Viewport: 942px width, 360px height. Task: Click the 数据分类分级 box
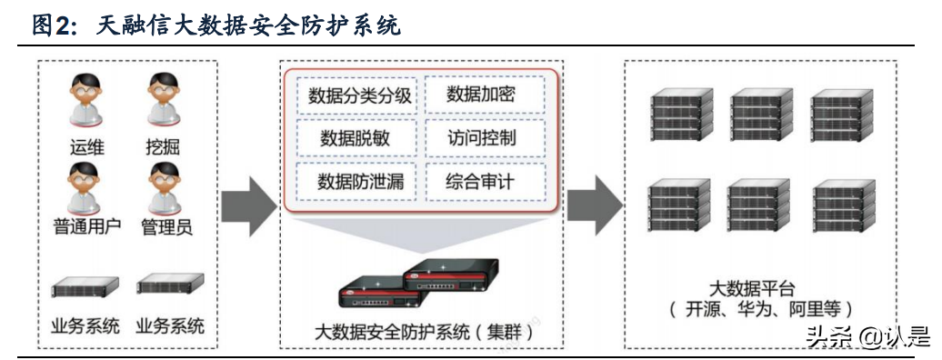click(356, 95)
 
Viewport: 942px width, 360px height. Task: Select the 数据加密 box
click(484, 95)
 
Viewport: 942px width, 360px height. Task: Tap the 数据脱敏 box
click(356, 138)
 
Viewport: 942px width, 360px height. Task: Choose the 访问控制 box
click(484, 138)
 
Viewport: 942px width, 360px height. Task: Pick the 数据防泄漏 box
click(356, 182)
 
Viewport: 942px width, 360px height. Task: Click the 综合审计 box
click(484, 182)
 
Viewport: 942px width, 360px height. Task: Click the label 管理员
click(165, 227)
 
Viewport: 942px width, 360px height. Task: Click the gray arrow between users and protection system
click(247, 201)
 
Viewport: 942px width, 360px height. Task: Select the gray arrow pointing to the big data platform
click(593, 201)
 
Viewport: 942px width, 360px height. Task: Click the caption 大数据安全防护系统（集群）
click(423, 331)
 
